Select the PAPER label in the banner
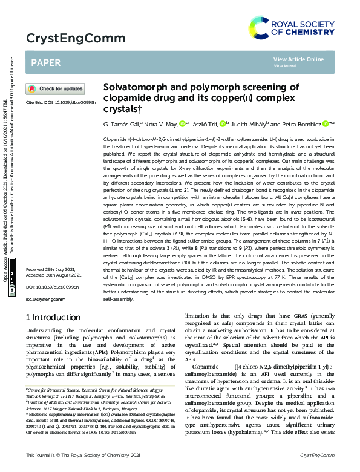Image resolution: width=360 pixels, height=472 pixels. pyautogui.click(x=45, y=62)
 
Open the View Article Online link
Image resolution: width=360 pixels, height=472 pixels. pyautogui.click(x=298, y=59)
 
